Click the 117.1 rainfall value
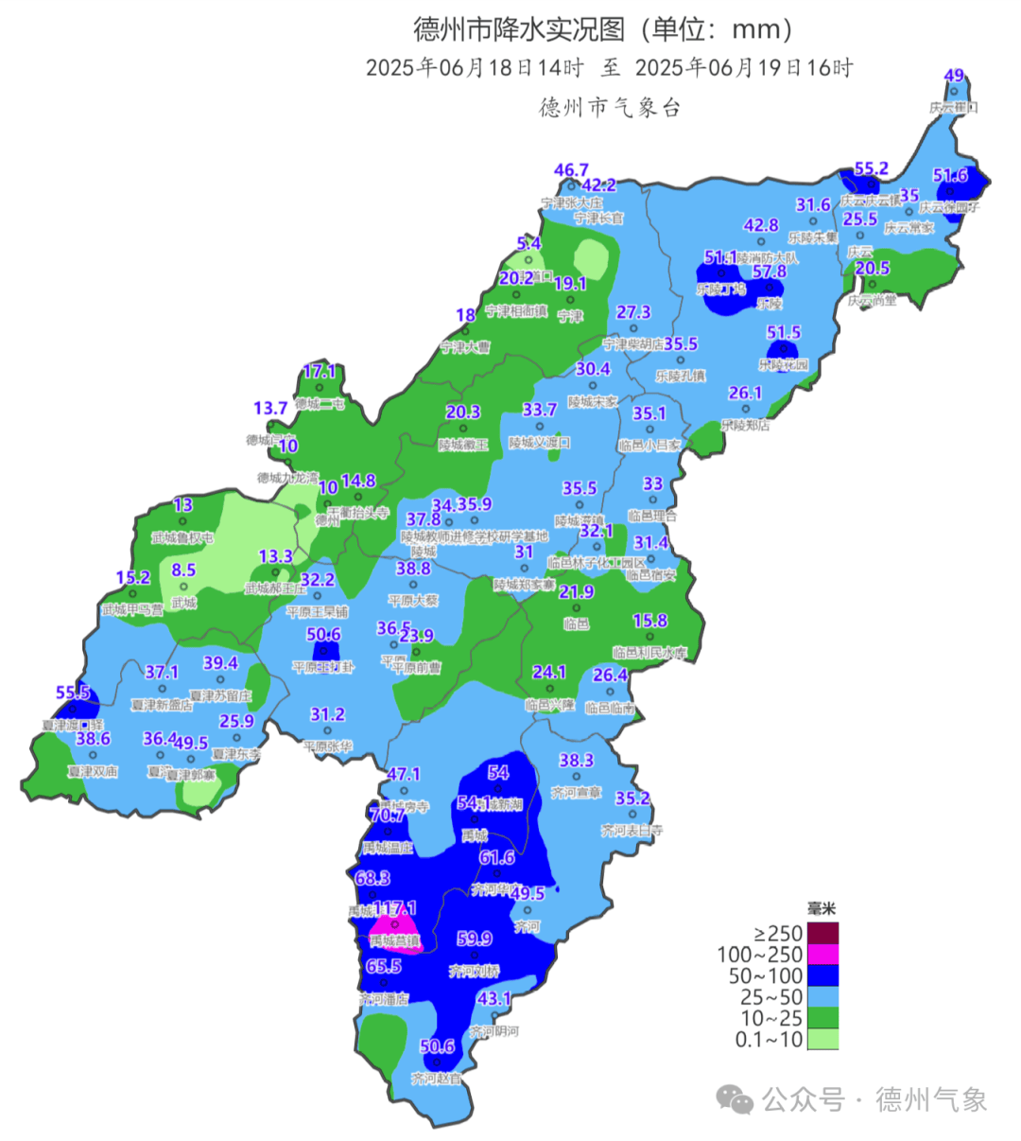point(396,908)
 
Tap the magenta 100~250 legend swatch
point(822,955)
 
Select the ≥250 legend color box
point(822,934)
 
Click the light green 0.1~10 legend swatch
point(822,1039)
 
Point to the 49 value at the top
point(954,76)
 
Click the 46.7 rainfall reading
point(571,170)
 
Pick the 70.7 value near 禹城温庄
point(388,815)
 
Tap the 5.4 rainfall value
point(528,244)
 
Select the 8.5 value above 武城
point(183,570)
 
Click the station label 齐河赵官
point(437,1078)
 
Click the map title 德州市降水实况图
point(519,29)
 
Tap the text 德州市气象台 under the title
point(610,107)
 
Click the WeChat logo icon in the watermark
point(735,1099)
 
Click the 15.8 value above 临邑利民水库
point(649,621)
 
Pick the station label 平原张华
point(327,746)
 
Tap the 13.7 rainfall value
point(270,408)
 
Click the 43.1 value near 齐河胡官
point(493,999)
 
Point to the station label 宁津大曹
point(465,347)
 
